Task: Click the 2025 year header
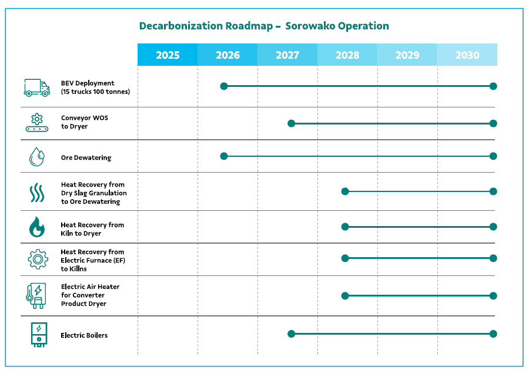(x=168, y=55)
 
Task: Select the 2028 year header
(x=347, y=55)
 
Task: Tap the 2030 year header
(x=467, y=55)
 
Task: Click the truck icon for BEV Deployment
(x=37, y=87)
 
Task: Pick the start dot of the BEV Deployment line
(x=224, y=86)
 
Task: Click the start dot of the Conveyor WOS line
(x=291, y=123)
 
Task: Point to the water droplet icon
(x=36, y=157)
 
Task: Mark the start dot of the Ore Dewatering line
(x=224, y=156)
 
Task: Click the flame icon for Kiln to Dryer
(x=37, y=227)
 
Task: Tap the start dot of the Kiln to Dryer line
(x=345, y=227)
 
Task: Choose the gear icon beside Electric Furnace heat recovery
(x=38, y=259)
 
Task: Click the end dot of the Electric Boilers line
(x=493, y=333)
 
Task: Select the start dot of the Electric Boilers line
(x=291, y=333)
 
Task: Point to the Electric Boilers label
(x=84, y=335)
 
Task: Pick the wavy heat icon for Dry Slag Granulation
(x=37, y=193)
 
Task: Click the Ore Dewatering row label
(x=86, y=157)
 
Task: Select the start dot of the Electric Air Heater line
(x=345, y=296)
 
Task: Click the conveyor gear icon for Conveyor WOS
(x=37, y=122)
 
